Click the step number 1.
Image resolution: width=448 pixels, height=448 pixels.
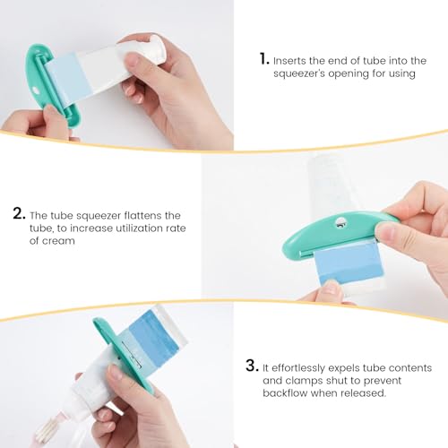(264, 58)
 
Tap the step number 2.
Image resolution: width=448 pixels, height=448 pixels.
(19, 214)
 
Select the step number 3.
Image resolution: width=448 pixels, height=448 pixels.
(251, 367)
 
